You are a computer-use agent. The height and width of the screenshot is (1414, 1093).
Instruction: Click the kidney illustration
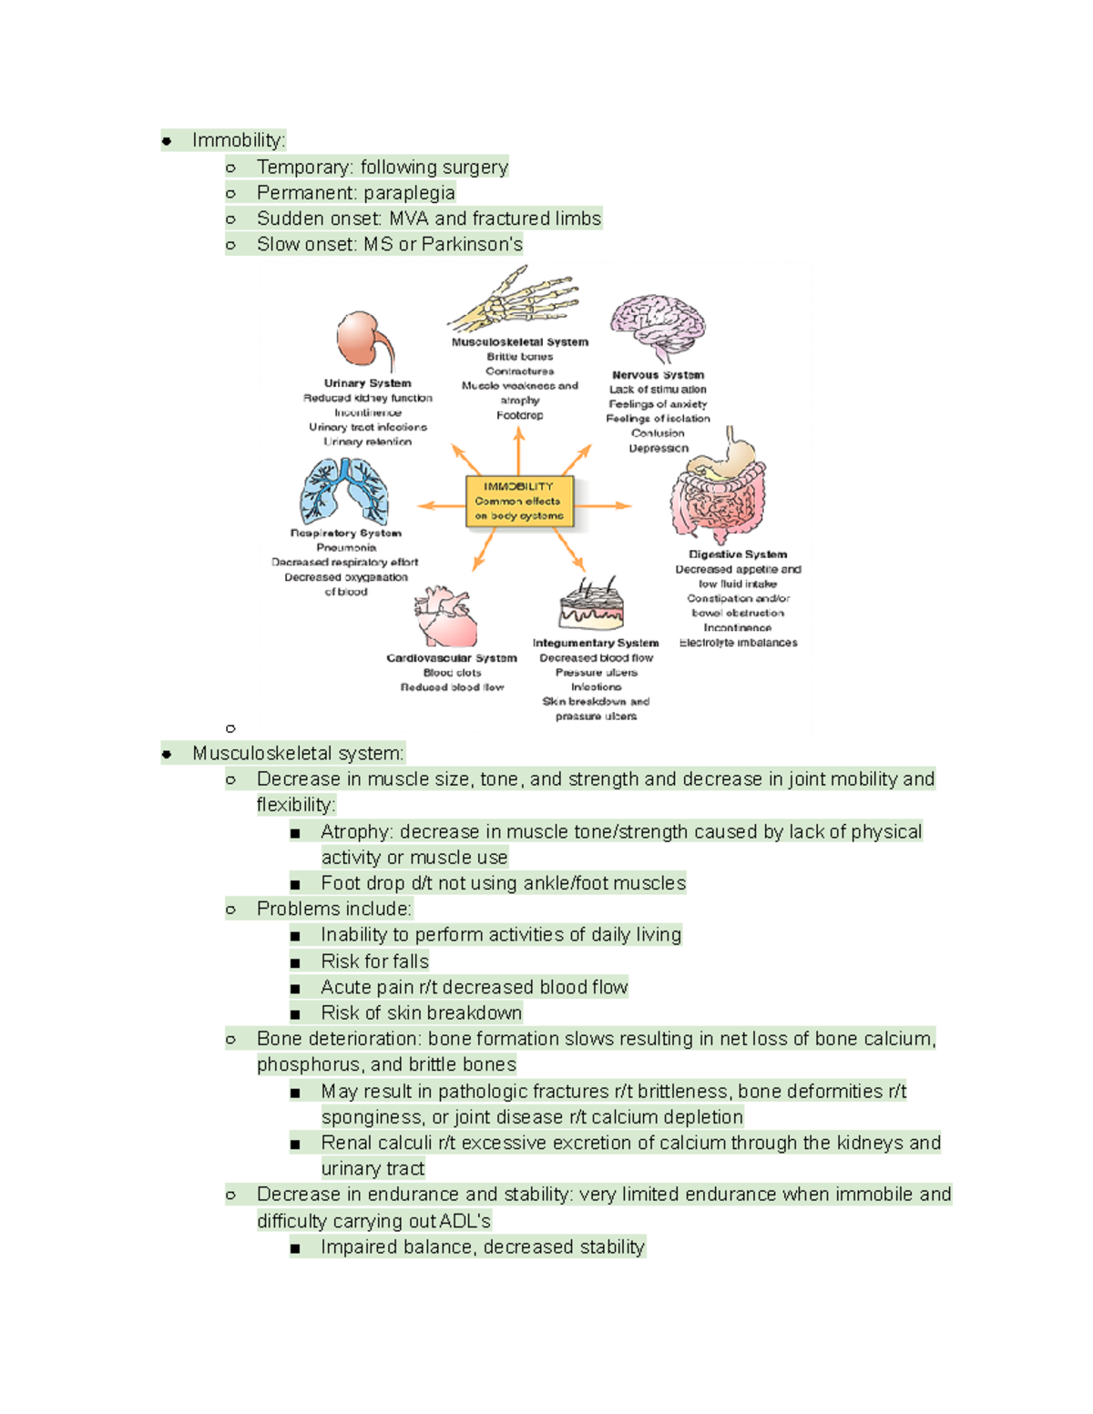click(364, 341)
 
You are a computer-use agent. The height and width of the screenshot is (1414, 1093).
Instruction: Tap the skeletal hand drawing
click(516, 300)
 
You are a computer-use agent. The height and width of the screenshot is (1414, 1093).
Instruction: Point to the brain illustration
click(657, 326)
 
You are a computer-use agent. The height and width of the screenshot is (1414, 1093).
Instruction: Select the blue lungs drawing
click(344, 492)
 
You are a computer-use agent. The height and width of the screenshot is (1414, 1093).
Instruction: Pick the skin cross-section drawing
click(592, 605)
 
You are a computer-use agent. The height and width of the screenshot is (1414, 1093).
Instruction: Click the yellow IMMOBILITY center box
click(519, 501)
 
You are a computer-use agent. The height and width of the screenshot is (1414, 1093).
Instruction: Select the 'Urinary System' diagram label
click(367, 383)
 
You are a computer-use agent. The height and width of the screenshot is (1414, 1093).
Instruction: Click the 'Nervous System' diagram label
click(658, 374)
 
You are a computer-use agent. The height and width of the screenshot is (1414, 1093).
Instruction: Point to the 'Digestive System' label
click(737, 554)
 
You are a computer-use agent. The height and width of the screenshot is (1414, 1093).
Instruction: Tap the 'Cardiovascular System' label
click(451, 657)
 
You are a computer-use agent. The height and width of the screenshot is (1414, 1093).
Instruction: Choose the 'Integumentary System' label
click(596, 643)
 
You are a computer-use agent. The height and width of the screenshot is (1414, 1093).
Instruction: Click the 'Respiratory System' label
click(345, 533)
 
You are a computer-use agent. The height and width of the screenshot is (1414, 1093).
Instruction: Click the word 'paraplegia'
click(407, 193)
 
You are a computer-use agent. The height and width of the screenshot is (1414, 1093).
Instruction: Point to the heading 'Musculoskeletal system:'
click(298, 753)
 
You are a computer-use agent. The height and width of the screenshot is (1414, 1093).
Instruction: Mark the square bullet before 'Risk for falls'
click(295, 962)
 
